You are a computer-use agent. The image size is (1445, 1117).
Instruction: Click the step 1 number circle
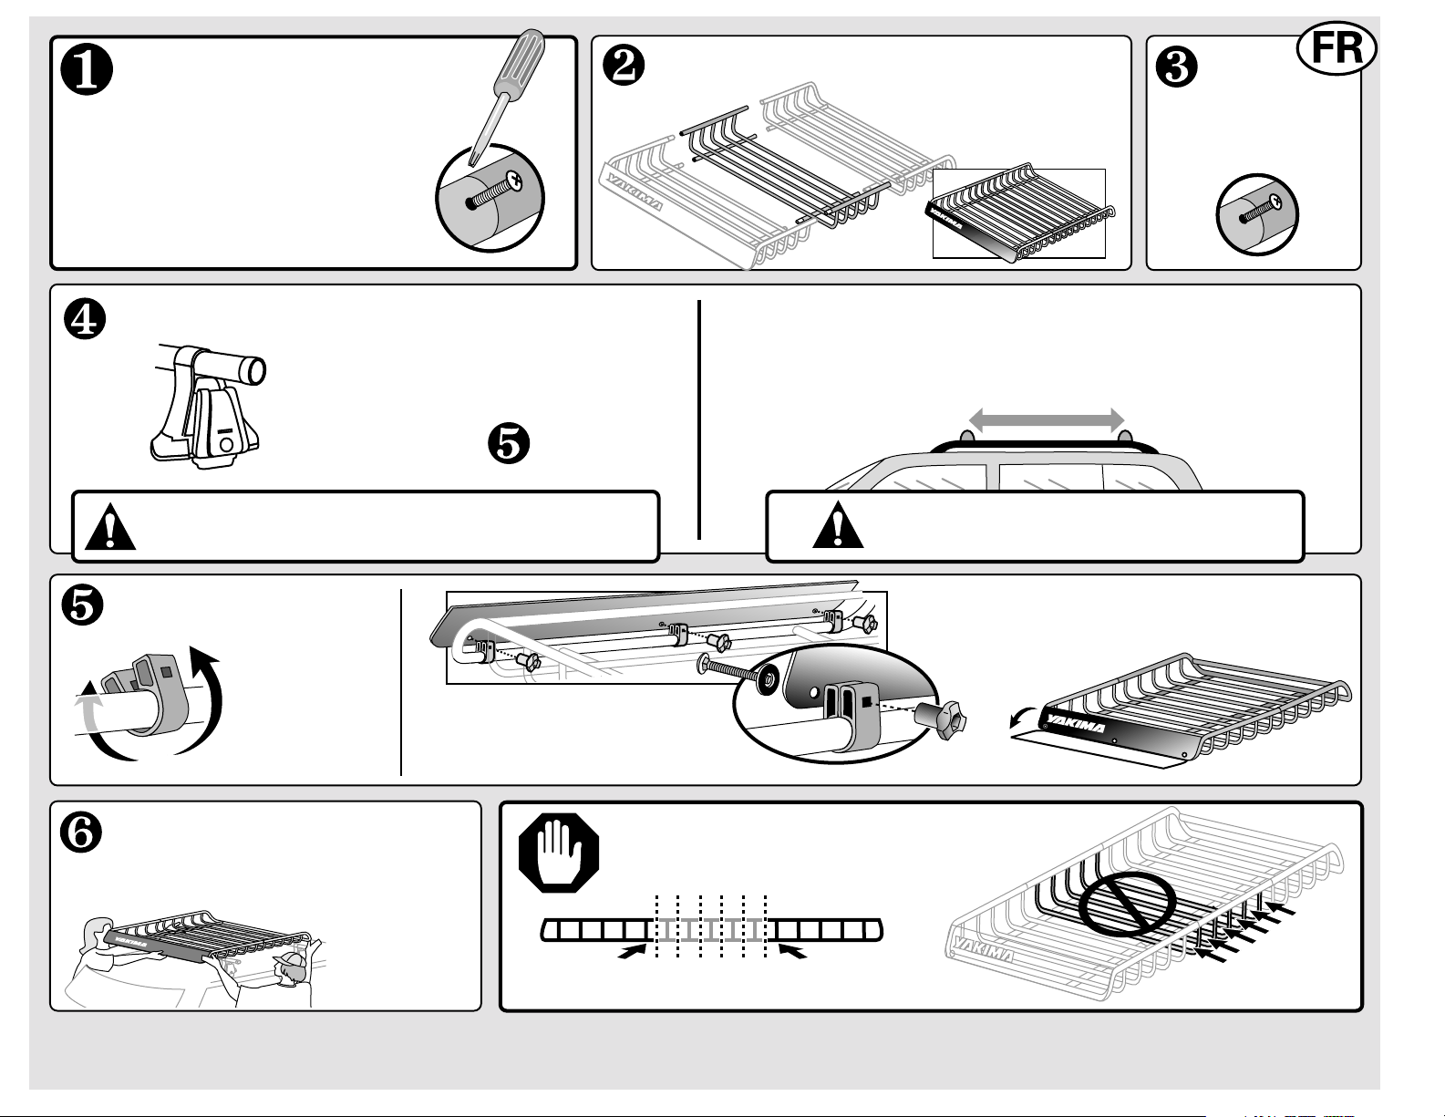point(87,69)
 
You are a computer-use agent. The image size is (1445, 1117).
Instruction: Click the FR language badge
point(1337,48)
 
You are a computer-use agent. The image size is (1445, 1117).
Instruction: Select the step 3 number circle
point(1176,67)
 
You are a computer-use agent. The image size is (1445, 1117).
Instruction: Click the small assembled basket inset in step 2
point(1018,212)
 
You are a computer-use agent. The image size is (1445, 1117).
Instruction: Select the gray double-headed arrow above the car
point(1047,420)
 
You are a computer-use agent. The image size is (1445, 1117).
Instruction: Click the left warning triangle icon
point(110,527)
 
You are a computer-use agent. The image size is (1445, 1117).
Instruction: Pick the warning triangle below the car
point(838,525)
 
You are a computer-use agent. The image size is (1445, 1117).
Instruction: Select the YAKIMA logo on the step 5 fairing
point(1075,723)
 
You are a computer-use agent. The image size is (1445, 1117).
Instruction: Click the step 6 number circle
point(81,832)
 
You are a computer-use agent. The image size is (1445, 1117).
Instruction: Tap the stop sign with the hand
point(559,853)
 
